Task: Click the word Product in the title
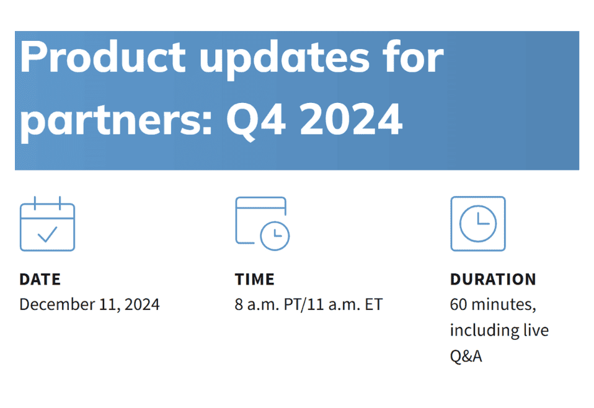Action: tap(103, 58)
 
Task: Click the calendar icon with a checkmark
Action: tap(47, 223)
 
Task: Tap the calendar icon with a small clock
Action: tap(262, 223)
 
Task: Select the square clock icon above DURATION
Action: tap(477, 223)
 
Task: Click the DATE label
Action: tap(40, 280)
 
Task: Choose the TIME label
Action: tap(254, 280)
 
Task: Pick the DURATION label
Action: tap(493, 280)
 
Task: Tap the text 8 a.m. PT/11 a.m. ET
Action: tap(309, 304)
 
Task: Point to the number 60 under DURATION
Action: tap(458, 304)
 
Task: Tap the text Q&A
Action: tap(466, 355)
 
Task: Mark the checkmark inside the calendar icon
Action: tap(47, 234)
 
